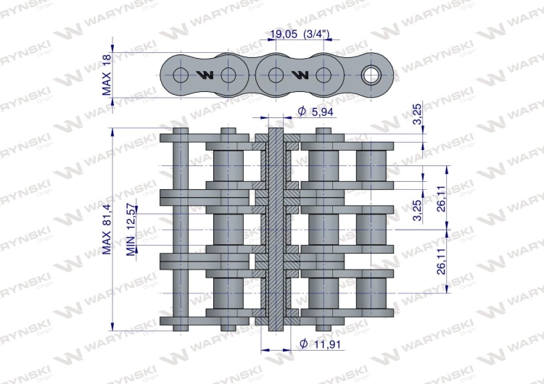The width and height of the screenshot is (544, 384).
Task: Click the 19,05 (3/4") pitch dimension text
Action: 300,34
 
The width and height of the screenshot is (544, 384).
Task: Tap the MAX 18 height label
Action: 107,75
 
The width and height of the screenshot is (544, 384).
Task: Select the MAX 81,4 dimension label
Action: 107,229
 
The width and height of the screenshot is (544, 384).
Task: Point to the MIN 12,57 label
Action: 131,230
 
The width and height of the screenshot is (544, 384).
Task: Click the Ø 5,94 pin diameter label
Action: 316,112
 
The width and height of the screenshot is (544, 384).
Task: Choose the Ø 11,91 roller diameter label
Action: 320,344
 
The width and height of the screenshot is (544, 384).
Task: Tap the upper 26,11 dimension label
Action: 441,199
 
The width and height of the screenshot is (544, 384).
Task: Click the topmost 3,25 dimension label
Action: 418,114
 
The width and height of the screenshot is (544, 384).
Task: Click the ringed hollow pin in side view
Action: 371,75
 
